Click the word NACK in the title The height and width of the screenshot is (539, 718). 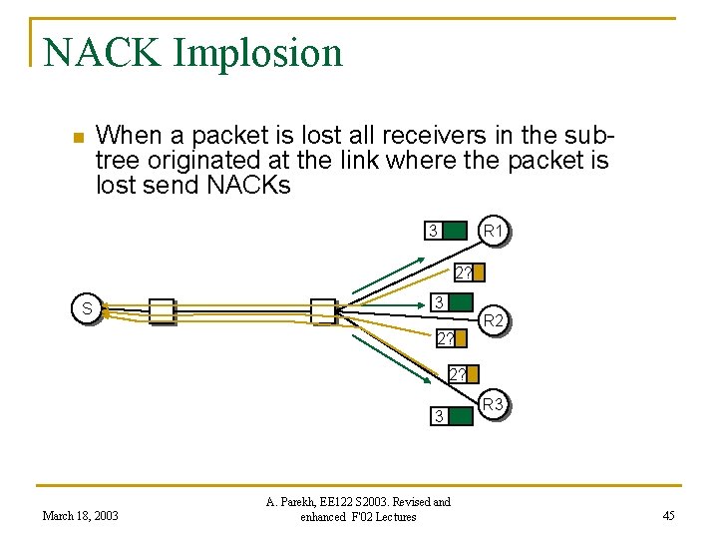click(x=100, y=52)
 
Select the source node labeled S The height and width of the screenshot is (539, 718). click(x=88, y=309)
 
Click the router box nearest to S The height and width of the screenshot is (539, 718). click(x=161, y=311)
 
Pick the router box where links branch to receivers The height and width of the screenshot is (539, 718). click(x=323, y=310)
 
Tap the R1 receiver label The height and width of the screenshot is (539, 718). click(x=494, y=232)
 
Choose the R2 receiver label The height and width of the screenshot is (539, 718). click(x=494, y=320)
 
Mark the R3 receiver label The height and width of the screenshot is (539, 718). click(x=493, y=404)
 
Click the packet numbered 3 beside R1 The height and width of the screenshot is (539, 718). click(x=445, y=233)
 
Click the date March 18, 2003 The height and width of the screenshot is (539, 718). click(x=80, y=515)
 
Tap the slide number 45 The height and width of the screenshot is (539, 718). click(x=668, y=515)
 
